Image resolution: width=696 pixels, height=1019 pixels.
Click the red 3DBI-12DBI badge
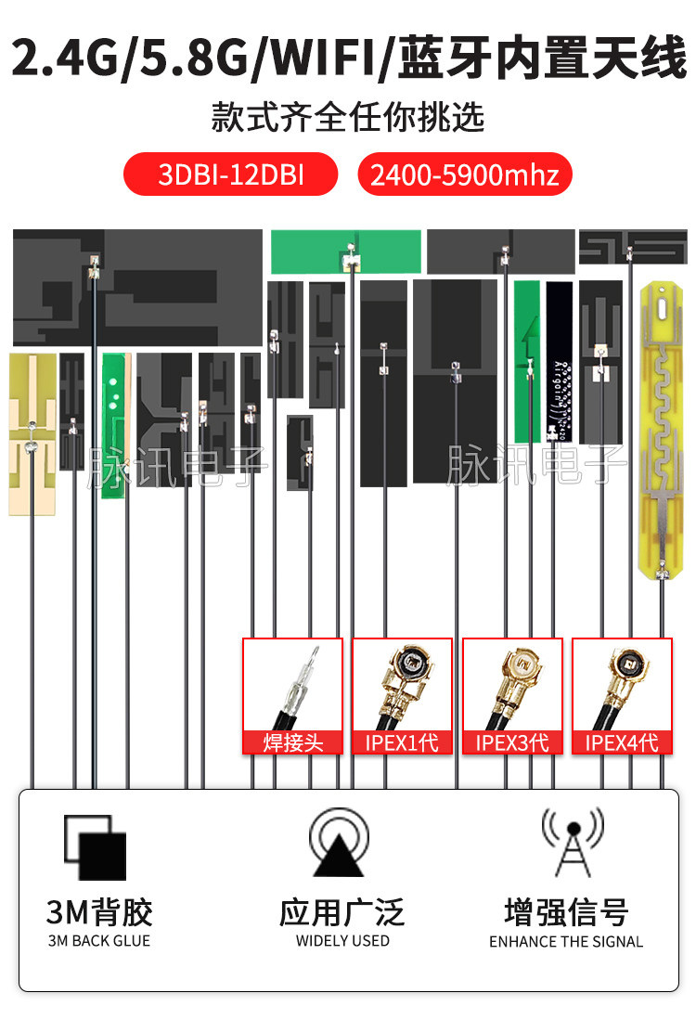coord(231,174)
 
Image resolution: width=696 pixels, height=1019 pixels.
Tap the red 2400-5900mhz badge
coord(464,174)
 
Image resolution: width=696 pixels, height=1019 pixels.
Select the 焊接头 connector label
coord(292,742)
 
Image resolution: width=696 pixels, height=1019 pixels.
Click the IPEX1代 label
coord(402,742)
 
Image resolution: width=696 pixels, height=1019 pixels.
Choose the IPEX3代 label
coord(512,742)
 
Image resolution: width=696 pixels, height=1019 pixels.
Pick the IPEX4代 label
coord(622,742)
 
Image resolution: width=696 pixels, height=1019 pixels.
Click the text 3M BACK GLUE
coord(98,940)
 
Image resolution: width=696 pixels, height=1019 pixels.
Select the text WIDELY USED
coord(342,940)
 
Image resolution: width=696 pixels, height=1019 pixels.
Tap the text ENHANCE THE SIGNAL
coord(566,941)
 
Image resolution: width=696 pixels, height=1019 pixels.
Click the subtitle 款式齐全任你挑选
coord(348,118)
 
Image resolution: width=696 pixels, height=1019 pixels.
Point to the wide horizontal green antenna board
coord(345,252)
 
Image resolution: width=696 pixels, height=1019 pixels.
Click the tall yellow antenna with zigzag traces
coord(662,427)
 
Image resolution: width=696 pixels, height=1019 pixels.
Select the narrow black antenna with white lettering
coord(559,362)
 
